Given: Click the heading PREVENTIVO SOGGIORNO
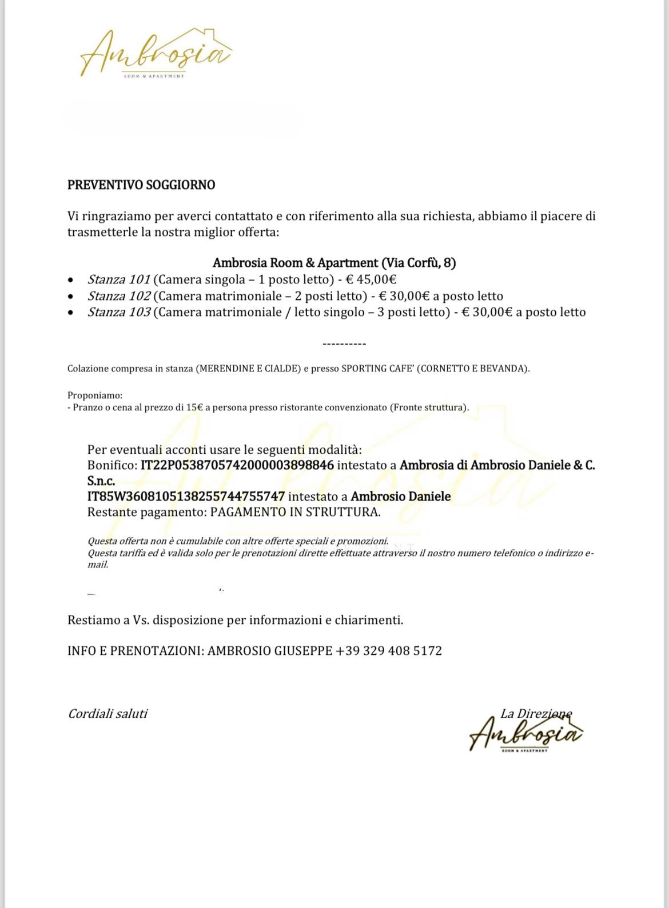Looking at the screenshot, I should point(141,185).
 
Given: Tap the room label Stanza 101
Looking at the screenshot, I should point(119,279).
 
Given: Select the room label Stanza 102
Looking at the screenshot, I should point(119,296).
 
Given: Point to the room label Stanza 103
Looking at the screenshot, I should point(119,312).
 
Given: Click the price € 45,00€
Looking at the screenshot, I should point(371,279).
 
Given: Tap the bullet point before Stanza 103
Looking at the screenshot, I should point(70,313).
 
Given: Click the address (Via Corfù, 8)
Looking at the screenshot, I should point(419,263).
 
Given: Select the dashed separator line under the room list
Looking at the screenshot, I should point(344,344).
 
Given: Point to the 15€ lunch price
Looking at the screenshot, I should point(194,407).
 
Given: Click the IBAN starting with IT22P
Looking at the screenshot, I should point(237,465).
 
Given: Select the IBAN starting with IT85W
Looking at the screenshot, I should point(186,497).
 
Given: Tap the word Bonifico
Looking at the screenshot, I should point(111,465).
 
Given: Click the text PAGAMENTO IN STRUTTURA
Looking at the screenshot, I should point(294,512).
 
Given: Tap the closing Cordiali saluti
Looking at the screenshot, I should point(107,714).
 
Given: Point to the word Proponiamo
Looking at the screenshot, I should point(94,395).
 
